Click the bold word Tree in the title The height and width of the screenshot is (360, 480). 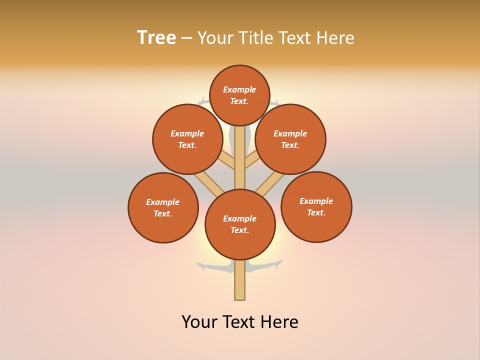(156, 38)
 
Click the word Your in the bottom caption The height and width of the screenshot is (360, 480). (199, 322)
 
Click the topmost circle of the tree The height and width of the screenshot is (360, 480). (239, 95)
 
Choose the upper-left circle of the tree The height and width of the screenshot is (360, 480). (187, 139)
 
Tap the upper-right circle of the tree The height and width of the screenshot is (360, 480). (290, 139)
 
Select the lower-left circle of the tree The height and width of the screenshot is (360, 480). (163, 207)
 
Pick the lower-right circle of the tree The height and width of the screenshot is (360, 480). (316, 206)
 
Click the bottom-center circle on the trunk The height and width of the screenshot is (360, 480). (240, 224)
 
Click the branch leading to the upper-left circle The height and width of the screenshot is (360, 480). (226, 160)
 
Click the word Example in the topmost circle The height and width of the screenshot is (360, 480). (239, 90)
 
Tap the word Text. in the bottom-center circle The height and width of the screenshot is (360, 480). (240, 230)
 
